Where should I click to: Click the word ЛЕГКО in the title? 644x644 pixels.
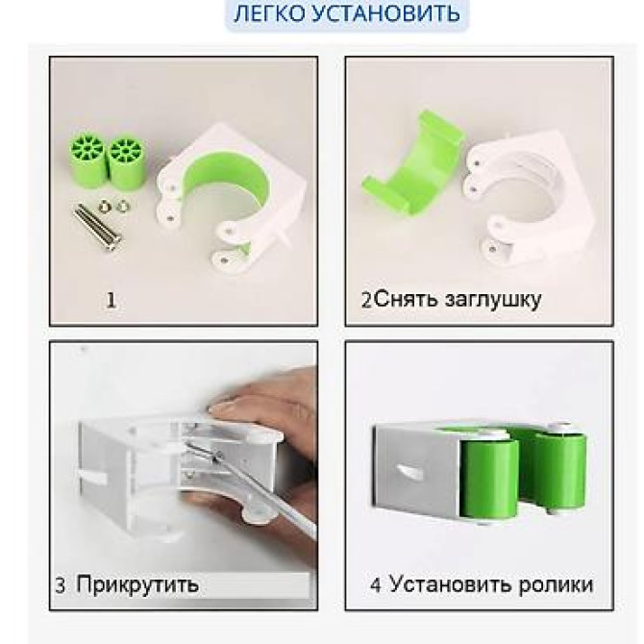coord(268,14)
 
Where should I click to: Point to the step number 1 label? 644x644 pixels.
coord(111,301)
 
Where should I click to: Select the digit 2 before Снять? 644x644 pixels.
coord(366,300)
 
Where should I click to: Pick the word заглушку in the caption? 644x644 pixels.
coord(489,299)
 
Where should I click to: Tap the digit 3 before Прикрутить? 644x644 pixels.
coord(60,585)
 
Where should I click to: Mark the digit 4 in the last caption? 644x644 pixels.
coord(376,585)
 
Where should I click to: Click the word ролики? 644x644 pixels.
coord(556,584)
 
